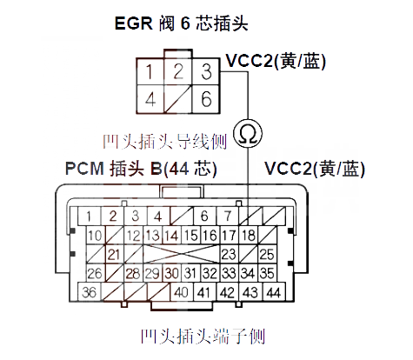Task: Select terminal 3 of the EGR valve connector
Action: pyautogui.click(x=205, y=71)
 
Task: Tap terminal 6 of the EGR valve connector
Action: pyautogui.click(x=205, y=98)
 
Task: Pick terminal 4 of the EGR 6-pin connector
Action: pyautogui.click(x=151, y=98)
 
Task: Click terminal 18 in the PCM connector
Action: pyautogui.click(x=249, y=236)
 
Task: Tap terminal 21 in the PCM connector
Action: pyautogui.click(x=113, y=254)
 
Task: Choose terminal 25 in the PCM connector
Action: pyautogui.click(x=268, y=254)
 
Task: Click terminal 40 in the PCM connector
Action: pyautogui.click(x=182, y=292)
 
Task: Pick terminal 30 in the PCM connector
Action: pyautogui.click(x=171, y=274)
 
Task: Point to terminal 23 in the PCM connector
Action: pyautogui.click(x=230, y=254)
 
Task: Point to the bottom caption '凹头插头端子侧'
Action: pyautogui.click(x=207, y=335)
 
